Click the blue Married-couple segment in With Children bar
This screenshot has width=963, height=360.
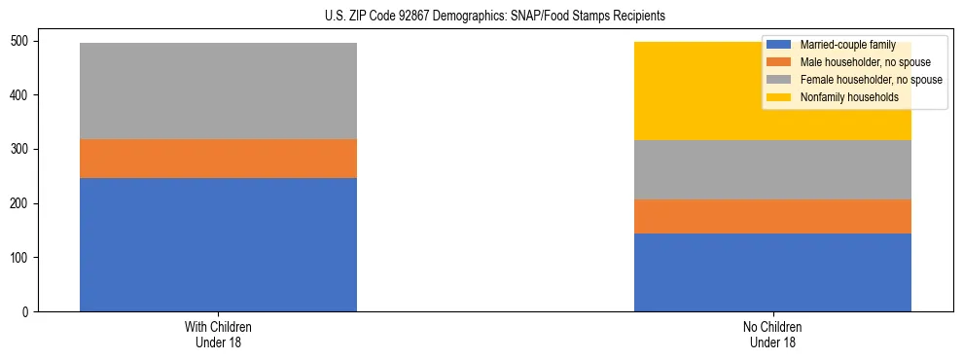point(218,244)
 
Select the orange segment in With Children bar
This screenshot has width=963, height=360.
point(218,159)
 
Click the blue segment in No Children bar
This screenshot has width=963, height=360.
point(772,272)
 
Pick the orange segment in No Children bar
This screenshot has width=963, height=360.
point(772,216)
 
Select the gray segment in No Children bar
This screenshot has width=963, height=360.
point(772,169)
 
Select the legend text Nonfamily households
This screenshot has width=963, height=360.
point(847,97)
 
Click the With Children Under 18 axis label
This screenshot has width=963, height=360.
point(218,335)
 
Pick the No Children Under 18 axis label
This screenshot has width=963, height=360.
point(772,335)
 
